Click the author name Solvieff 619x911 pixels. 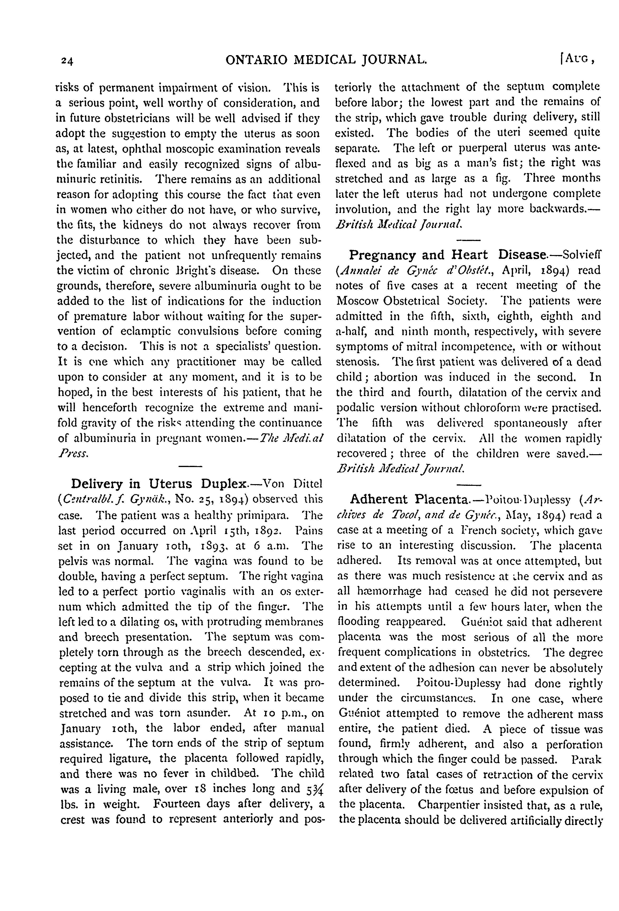click(x=582, y=255)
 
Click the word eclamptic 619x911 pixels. click(x=146, y=332)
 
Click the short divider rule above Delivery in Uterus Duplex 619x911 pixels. click(x=190, y=466)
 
